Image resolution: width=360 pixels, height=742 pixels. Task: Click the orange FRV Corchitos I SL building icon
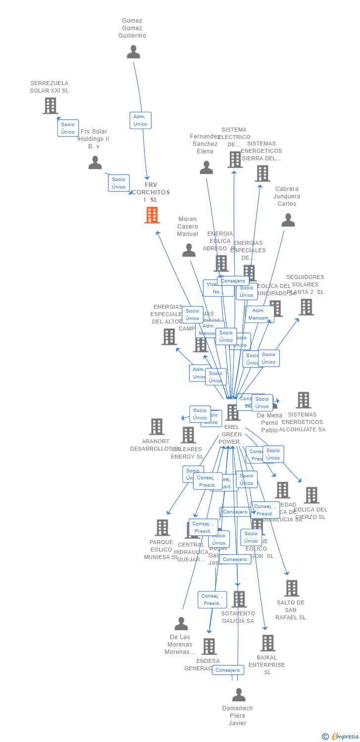(x=152, y=215)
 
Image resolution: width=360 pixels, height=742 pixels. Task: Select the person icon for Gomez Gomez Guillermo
(x=134, y=52)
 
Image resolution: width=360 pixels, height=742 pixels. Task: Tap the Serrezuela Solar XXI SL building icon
(x=50, y=105)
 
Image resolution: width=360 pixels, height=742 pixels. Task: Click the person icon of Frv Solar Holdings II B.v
(x=95, y=163)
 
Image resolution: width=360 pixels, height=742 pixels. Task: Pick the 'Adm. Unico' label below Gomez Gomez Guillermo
(x=140, y=120)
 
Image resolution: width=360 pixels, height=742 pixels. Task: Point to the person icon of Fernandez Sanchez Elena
(x=206, y=168)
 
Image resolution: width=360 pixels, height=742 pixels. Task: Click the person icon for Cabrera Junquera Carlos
(x=288, y=220)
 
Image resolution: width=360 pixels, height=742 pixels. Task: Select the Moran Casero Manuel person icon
(x=189, y=250)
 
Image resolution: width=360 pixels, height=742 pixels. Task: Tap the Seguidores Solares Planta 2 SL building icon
(x=306, y=307)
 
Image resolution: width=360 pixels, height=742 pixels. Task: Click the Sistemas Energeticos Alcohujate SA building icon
(x=303, y=400)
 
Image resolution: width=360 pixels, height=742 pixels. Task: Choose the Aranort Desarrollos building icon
(x=156, y=426)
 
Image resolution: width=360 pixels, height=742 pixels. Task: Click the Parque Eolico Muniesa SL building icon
(x=162, y=527)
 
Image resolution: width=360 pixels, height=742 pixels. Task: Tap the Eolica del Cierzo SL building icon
(x=312, y=495)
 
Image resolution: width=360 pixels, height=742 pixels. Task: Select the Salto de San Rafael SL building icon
(x=291, y=588)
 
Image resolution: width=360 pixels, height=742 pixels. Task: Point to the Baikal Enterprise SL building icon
(x=268, y=643)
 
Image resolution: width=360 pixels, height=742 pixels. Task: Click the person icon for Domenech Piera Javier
(x=239, y=695)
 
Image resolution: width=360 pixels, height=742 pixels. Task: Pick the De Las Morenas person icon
(x=181, y=624)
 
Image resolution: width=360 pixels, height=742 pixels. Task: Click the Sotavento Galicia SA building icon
(x=239, y=599)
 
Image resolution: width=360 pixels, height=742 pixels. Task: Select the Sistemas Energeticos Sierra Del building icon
(x=262, y=173)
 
